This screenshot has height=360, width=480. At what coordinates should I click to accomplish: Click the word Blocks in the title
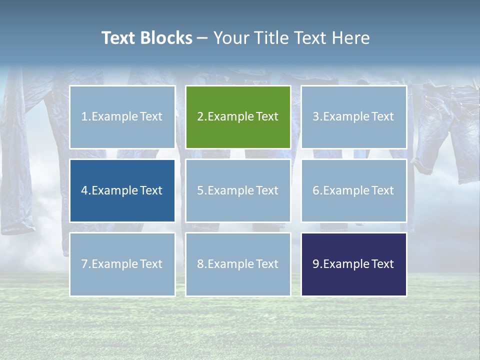pos(166,38)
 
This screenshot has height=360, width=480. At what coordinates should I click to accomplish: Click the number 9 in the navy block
pos(315,264)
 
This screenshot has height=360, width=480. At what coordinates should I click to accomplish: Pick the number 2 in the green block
pos(200,116)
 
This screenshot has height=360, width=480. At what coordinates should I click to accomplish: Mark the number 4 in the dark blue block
pos(84,190)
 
